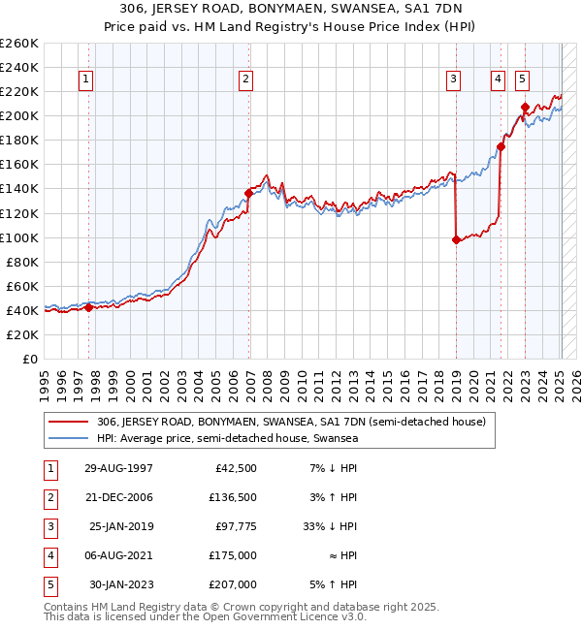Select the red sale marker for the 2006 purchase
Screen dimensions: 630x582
point(248,193)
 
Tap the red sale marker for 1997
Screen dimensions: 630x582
point(88,307)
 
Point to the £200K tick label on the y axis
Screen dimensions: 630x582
point(19,115)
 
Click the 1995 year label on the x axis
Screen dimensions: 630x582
point(45,383)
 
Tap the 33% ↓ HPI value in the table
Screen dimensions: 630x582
point(331,526)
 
